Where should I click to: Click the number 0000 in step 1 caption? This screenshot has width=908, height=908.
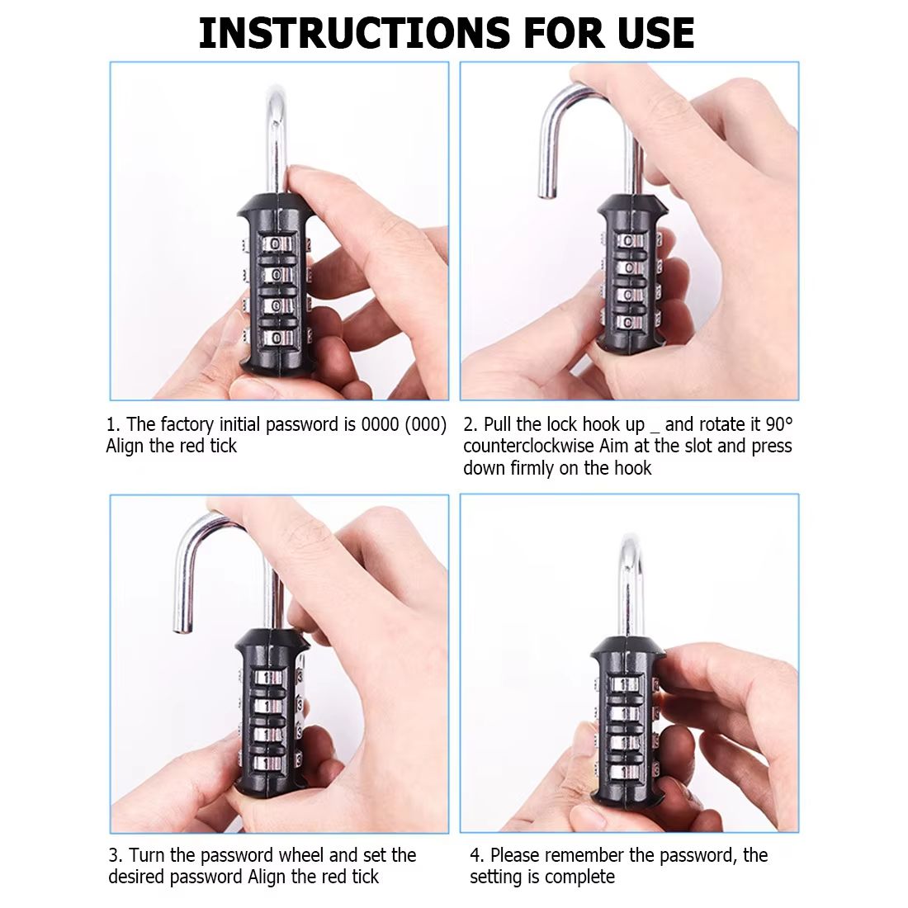pyautogui.click(x=381, y=425)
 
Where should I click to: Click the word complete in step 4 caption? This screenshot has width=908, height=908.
pyautogui.click(x=581, y=877)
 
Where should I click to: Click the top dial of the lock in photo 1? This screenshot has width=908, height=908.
pyautogui.click(x=277, y=244)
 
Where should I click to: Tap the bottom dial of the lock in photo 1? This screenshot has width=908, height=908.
pyautogui.click(x=277, y=337)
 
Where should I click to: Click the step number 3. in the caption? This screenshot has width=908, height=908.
pyautogui.click(x=116, y=855)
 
